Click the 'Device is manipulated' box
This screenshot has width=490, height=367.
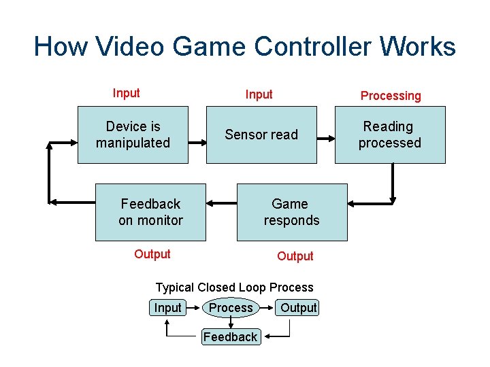(133, 135)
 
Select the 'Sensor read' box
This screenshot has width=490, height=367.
(261, 135)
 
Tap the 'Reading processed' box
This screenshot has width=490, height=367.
(390, 135)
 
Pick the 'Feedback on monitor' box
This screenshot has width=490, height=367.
(150, 212)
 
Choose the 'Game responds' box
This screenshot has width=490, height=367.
(291, 212)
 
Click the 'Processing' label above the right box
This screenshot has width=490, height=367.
(391, 96)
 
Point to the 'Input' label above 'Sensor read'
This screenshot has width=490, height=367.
(259, 94)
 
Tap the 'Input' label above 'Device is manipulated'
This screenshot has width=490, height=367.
(126, 93)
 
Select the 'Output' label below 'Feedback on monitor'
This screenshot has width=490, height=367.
(152, 254)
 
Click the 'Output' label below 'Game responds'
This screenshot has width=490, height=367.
(295, 256)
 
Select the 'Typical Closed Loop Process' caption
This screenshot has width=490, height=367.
(234, 287)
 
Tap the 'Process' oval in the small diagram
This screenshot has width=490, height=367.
(231, 308)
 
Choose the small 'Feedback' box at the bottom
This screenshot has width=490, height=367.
(230, 336)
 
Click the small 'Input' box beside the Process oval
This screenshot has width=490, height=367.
(167, 308)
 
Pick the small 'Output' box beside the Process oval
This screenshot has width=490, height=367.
(299, 308)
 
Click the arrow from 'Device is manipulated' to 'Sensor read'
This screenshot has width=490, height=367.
(197, 143)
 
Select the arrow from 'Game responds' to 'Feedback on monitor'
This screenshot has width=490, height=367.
(221, 203)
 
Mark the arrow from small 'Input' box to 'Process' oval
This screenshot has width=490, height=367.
(193, 308)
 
